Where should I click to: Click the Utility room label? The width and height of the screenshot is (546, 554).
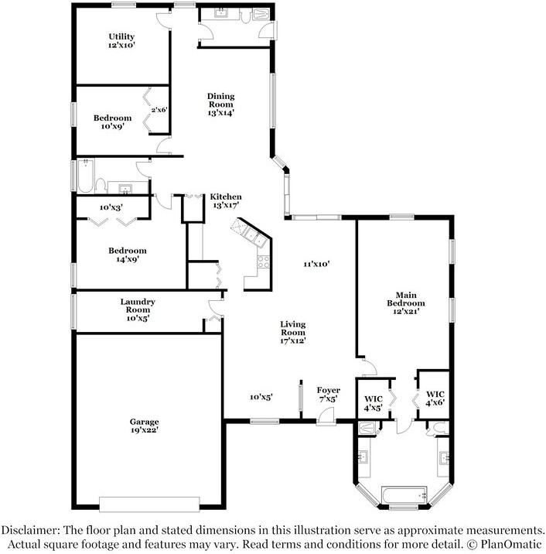121,41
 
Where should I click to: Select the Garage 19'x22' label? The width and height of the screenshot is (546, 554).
145,426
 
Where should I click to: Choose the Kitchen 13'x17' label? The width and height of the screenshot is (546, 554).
226,201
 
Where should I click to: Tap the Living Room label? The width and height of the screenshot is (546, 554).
292,332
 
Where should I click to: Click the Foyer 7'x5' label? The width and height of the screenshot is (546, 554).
328,394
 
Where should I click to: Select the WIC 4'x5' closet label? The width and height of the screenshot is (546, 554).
373,403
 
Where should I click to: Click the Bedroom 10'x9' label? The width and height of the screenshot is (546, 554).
112,122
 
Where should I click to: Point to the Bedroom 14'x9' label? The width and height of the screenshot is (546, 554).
128,255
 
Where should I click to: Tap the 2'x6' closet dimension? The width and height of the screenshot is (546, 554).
159,110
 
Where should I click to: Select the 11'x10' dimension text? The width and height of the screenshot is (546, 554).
316,264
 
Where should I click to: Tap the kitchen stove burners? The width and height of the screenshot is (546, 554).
263,261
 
